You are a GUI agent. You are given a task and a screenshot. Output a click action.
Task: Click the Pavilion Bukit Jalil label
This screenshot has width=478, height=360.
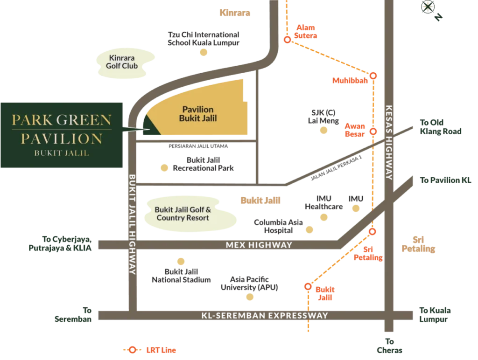tap(198, 114)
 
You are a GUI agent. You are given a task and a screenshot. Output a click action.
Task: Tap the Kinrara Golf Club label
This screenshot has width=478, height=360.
tap(123, 62)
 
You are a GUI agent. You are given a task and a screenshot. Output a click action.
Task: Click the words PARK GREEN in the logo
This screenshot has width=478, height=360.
tap(62, 120)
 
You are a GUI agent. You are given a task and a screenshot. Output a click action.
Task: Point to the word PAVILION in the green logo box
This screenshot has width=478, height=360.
tap(62, 138)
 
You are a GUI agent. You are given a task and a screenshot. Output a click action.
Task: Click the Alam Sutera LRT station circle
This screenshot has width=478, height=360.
tap(288, 41)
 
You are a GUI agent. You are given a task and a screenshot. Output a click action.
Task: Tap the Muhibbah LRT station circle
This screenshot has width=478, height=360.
tap(373, 76)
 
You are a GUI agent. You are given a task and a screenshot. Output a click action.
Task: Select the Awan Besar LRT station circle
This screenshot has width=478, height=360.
tap(373, 132)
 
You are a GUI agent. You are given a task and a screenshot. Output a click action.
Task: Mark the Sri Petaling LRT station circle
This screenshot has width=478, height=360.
tap(372, 231)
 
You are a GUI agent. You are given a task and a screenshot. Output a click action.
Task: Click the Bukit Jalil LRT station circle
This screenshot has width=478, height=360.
tap(308, 286)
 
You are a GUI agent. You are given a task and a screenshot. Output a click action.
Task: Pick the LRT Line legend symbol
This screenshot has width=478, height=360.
tap(133, 349)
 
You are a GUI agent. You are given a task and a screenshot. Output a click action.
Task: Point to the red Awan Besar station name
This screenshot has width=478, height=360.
tap(353, 130)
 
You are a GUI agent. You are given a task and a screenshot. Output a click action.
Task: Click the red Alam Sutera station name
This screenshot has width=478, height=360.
tap(306, 32)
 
